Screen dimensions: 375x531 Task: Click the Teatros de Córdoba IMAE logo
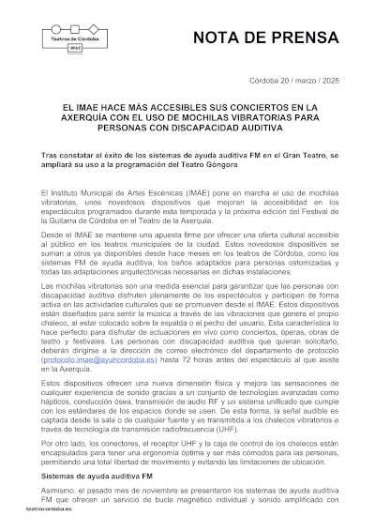(x=75, y=38)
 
